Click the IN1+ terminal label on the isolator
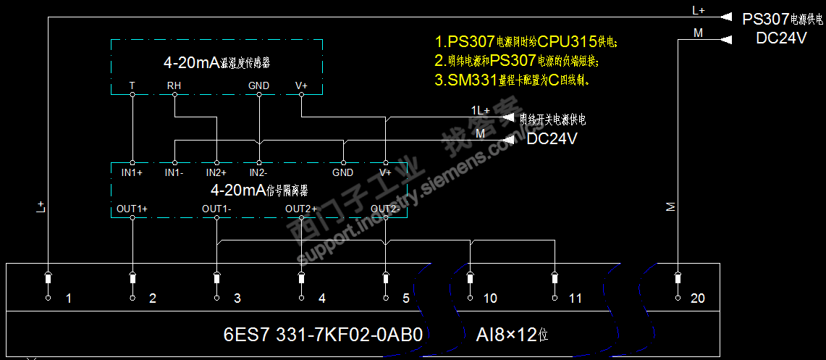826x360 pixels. pyautogui.click(x=132, y=172)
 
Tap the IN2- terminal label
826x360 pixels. pyautogui.click(x=258, y=172)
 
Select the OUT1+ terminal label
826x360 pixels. pyautogui.click(x=132, y=209)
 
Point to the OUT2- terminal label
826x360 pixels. pyautogui.click(x=385, y=209)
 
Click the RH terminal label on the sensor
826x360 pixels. pyautogui.click(x=174, y=85)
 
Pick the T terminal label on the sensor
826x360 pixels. pyautogui.click(x=132, y=85)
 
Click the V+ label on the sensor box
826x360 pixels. pyautogui.click(x=301, y=85)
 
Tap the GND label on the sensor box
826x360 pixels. pyautogui.click(x=258, y=85)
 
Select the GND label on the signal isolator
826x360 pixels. pyautogui.click(x=343, y=172)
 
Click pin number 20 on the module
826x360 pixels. pyautogui.click(x=698, y=298)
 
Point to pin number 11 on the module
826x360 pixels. pyautogui.click(x=575, y=298)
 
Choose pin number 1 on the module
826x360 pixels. pyautogui.click(x=68, y=298)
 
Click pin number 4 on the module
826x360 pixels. pyautogui.click(x=322, y=298)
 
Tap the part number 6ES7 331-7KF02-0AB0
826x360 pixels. pyautogui.click(x=323, y=335)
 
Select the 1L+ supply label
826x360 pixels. pyautogui.click(x=480, y=110)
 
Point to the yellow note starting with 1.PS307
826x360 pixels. pyautogui.click(x=526, y=41)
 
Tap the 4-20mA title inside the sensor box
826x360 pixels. pyautogui.click(x=216, y=63)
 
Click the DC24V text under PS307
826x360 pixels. pyautogui.click(x=781, y=38)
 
